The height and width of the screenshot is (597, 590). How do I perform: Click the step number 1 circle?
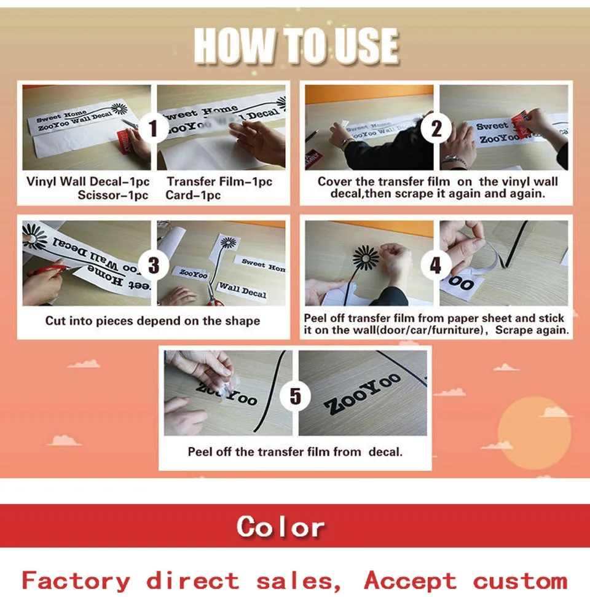coord(154,128)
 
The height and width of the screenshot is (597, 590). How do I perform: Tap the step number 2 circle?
coord(436,128)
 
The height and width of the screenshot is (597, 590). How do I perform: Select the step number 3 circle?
coord(154,264)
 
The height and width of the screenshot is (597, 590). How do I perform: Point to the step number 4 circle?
coord(436,264)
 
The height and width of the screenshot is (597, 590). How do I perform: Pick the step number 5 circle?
coord(295,395)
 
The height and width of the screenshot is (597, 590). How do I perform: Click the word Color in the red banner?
coord(280,526)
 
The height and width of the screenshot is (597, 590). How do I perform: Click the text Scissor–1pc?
coord(113,196)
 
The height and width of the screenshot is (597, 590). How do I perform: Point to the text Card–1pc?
coord(193,196)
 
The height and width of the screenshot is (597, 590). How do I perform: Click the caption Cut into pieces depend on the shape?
coord(152,320)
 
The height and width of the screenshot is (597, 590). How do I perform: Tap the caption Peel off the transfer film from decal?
coord(295,452)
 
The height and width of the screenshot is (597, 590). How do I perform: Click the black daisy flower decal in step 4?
coord(366,258)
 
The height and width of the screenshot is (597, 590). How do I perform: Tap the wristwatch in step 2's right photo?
coord(454,160)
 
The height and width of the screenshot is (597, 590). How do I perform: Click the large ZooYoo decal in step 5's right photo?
coord(363,394)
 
